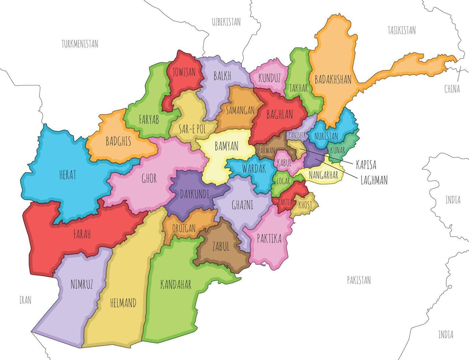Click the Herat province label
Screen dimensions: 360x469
68,175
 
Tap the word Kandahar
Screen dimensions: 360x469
176,284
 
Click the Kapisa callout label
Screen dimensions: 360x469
366,165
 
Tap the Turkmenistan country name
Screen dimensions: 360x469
80,44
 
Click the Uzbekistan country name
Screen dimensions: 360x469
226,22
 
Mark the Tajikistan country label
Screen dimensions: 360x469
402,30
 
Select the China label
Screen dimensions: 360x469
452,89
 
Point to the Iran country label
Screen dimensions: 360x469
25,300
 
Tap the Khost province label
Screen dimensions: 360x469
305,205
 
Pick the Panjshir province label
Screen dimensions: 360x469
297,135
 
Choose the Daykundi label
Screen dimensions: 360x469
194,194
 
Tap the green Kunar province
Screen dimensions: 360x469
337,150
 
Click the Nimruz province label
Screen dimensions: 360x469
81,284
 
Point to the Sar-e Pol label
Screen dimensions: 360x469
192,129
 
